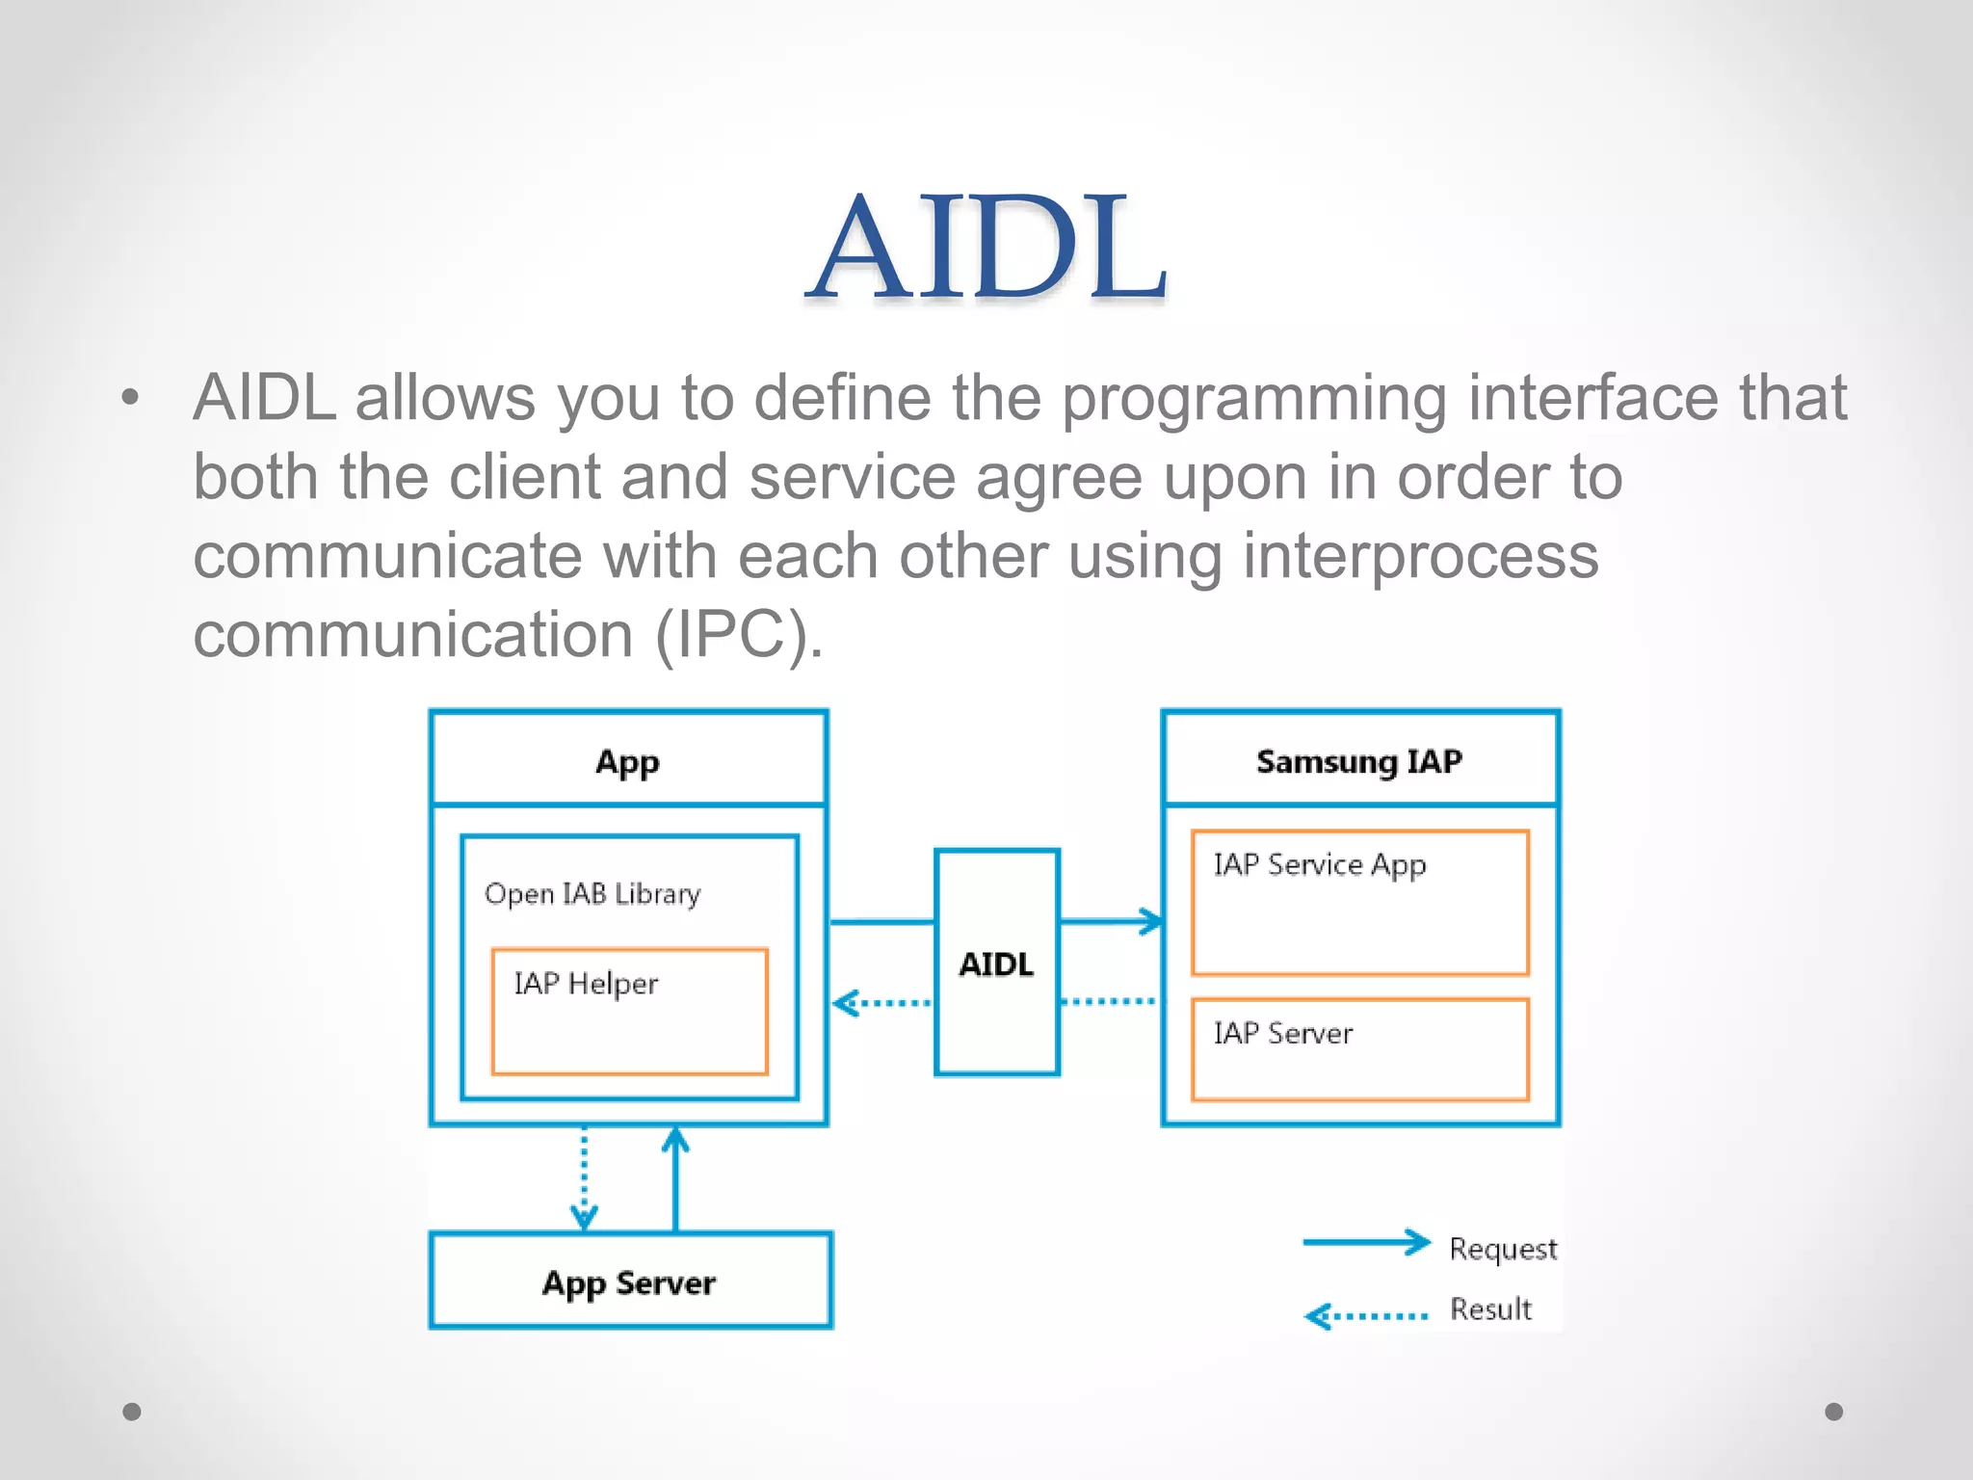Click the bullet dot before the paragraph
pyautogui.click(x=131, y=397)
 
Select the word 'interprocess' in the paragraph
pyautogui.click(x=1420, y=557)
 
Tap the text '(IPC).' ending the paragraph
pyautogui.click(x=739, y=636)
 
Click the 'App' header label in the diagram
pyautogui.click(x=627, y=761)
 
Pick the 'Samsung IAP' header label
pyautogui.click(x=1358, y=761)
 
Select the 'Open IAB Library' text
pyautogui.click(x=592, y=894)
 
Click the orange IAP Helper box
pyautogui.click(x=629, y=1012)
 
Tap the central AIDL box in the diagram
pyautogui.click(x=996, y=963)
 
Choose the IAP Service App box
pyautogui.click(x=1359, y=903)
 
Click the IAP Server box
pyautogui.click(x=1359, y=1049)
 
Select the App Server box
pyautogui.click(x=630, y=1282)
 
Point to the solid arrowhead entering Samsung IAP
pyautogui.click(x=1150, y=921)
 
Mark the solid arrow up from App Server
pyautogui.click(x=675, y=1180)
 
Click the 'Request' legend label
pyautogui.click(x=1502, y=1249)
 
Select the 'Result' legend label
pyautogui.click(x=1490, y=1309)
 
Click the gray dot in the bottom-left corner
pyautogui.click(x=132, y=1412)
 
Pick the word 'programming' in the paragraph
pyautogui.click(x=1254, y=399)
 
